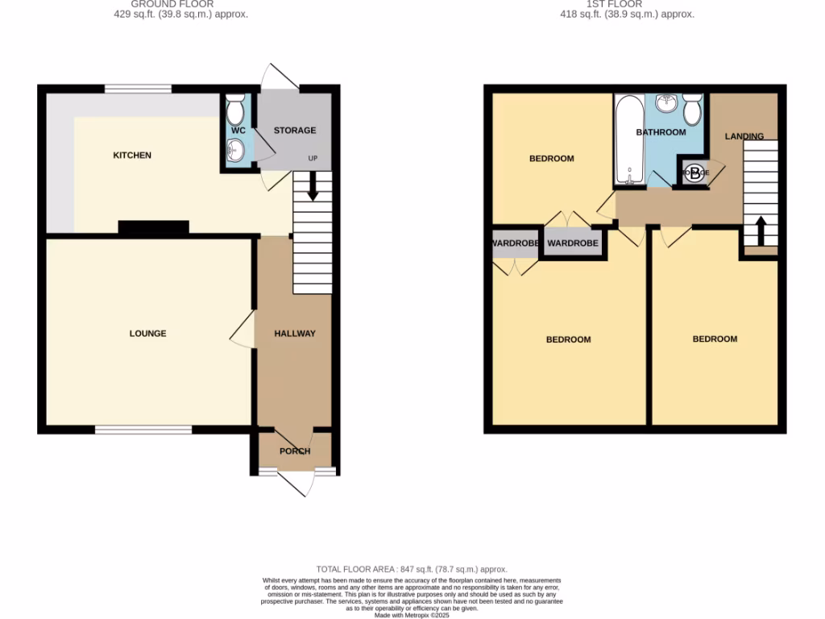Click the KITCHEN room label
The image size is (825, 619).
pos(132,156)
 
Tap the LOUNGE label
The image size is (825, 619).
pos(148,334)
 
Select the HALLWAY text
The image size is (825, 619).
pos(295,334)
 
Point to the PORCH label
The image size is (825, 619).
pos(295,451)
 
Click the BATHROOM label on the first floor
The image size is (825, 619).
pos(661,132)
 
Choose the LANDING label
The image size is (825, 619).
pos(744,136)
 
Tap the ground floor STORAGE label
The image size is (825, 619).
pos(295,131)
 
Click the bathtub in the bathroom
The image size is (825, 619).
pos(628,141)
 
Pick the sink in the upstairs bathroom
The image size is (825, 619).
pos(665,103)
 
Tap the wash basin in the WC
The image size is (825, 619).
pos(236,150)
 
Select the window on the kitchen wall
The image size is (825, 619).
pos(137,89)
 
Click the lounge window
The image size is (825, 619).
pos(143,430)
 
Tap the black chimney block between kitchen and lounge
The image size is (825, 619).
pos(154,228)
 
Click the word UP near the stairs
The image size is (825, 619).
pos(313,158)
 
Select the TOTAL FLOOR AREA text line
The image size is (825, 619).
pos(412,570)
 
